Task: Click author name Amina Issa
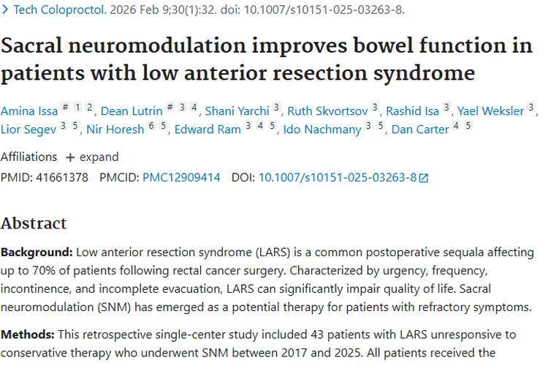28,111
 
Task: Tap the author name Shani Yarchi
237,111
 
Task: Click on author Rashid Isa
412,111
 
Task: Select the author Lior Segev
28,130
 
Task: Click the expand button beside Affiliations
92,157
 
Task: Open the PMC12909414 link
181,177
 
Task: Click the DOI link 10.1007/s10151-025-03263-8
338,177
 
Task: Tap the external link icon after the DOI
424,178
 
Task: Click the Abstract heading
34,223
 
